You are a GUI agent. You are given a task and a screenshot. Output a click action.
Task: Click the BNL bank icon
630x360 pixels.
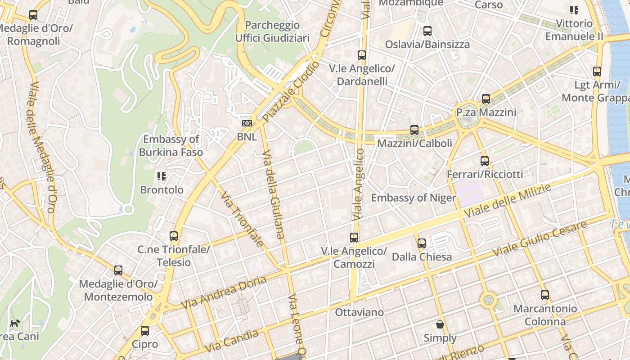[x=247, y=123]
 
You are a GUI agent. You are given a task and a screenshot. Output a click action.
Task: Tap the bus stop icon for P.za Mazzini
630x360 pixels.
[x=486, y=99]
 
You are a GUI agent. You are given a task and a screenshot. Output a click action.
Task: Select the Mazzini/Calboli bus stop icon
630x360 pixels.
[x=414, y=130]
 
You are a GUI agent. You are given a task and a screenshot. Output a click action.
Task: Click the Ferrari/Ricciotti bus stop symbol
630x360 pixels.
[x=485, y=161]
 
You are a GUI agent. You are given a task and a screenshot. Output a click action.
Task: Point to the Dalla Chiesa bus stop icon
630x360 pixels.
[x=422, y=243]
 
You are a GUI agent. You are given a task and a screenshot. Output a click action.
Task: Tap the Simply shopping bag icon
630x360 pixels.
[x=440, y=324]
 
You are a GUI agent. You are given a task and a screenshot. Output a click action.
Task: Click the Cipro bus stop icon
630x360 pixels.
[x=145, y=331]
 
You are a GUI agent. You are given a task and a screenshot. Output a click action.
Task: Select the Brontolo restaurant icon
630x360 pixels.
[x=162, y=176]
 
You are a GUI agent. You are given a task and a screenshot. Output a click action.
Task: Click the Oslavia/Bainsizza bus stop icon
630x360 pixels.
[x=427, y=31]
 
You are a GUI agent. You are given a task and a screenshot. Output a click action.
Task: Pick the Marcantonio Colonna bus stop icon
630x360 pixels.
[x=545, y=295]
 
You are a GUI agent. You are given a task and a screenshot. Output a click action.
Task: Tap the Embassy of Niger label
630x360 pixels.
[x=413, y=198]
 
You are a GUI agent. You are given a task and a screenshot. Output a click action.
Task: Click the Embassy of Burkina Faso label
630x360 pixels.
[x=171, y=145]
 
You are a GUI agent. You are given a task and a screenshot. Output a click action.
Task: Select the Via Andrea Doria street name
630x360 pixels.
[x=224, y=292]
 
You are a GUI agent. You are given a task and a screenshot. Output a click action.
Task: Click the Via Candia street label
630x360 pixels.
[x=232, y=341]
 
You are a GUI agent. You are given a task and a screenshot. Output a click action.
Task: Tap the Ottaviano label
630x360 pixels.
[x=359, y=312]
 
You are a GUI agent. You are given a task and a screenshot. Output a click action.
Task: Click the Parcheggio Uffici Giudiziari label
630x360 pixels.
[x=272, y=31]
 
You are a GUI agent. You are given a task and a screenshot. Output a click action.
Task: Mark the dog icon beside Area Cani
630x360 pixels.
[x=15, y=323]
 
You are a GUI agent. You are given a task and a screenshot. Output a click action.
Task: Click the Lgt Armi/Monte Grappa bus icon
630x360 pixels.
[x=597, y=72]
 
